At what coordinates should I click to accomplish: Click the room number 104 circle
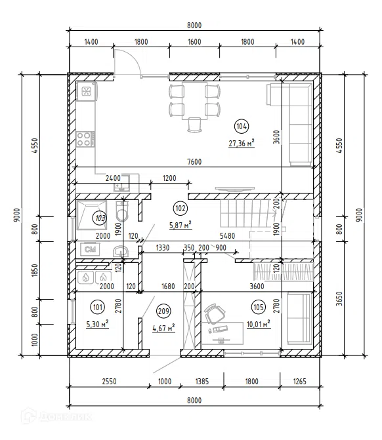tap(242, 127)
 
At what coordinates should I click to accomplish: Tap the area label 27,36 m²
tap(242, 143)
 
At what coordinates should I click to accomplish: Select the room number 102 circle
tap(180, 209)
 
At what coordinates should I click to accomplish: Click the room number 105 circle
tap(258, 307)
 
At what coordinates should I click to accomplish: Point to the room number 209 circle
tap(163, 311)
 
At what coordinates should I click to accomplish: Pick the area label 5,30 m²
tap(97, 324)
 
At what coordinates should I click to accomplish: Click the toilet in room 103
tap(122, 211)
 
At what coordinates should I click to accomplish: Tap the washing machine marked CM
tap(90, 249)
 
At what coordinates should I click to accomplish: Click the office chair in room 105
tap(215, 313)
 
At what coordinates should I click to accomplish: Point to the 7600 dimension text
tap(194, 162)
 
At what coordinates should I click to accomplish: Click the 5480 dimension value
tap(227, 236)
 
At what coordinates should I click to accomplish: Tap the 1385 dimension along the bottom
tap(202, 382)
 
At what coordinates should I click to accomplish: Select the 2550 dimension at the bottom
tap(109, 382)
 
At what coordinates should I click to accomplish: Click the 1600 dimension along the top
tap(194, 42)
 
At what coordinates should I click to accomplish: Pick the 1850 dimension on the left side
tap(35, 271)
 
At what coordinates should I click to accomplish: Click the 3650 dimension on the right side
tap(339, 298)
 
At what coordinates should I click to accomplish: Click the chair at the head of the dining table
tap(194, 125)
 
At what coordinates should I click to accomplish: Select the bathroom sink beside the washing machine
tap(121, 251)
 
